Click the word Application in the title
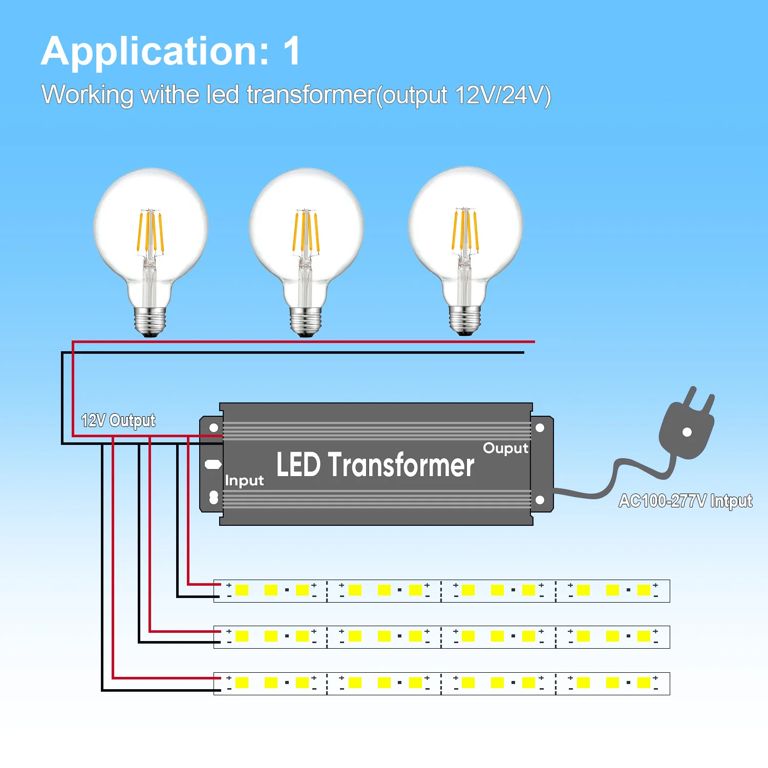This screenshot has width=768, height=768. (x=155, y=52)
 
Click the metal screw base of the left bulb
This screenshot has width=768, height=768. (x=150, y=321)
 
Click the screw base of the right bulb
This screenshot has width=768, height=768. (x=465, y=320)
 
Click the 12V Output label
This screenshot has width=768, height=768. (x=118, y=420)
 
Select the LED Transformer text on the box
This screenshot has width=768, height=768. (x=375, y=464)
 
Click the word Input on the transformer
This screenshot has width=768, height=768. (x=244, y=481)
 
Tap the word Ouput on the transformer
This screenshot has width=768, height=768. (x=505, y=449)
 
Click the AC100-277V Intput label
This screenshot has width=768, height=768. (x=686, y=501)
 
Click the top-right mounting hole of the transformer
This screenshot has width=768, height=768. (x=540, y=428)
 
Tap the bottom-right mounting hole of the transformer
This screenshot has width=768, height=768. (x=540, y=500)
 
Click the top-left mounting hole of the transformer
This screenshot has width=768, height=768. (x=214, y=428)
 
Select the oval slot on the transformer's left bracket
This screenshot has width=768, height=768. (x=213, y=464)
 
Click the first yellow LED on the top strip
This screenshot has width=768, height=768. (x=242, y=590)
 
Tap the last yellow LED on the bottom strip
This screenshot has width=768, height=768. (x=644, y=682)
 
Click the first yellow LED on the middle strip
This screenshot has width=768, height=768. (x=242, y=636)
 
